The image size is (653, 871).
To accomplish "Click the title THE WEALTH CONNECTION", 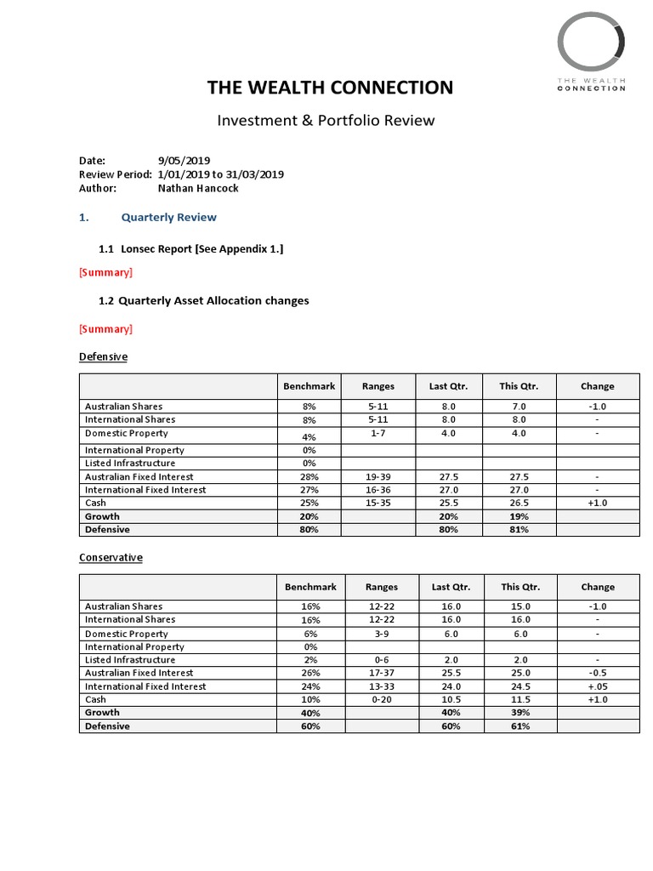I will [331, 88].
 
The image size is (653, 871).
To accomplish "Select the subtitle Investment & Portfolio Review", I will [326, 120].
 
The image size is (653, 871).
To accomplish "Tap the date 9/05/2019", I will [185, 160].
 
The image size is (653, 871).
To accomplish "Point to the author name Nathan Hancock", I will [198, 188].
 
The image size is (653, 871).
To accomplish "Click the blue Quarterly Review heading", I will [168, 217].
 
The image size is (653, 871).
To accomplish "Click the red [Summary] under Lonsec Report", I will [105, 272].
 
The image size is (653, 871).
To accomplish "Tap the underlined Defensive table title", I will [103, 356].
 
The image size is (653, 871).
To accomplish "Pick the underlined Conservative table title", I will [111, 557].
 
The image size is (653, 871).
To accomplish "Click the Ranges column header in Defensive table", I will [378, 386].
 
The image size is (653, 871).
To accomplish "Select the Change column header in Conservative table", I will [598, 587].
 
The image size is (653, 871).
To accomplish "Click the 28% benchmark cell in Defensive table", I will [309, 477].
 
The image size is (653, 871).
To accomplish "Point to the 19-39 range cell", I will [378, 477].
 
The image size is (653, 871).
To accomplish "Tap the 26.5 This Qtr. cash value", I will [519, 503].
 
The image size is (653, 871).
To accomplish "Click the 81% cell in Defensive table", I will [519, 530].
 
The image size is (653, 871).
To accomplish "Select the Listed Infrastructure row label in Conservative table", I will [130, 660].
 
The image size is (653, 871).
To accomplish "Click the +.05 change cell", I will [598, 686].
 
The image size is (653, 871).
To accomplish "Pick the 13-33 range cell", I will [381, 686].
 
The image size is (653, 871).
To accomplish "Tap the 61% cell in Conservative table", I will [519, 726].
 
